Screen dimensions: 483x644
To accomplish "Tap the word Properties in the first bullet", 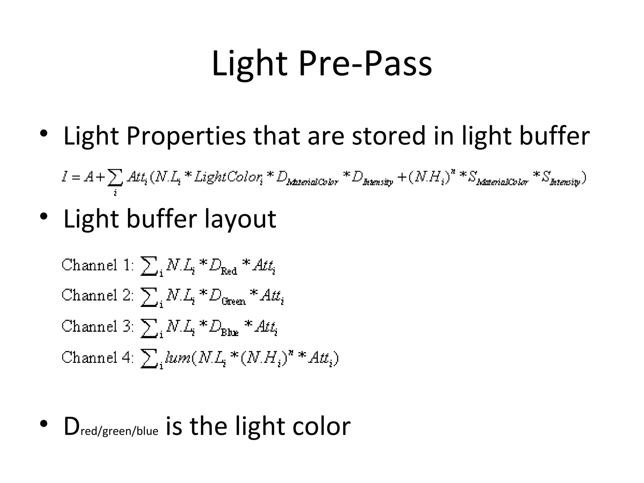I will coord(186,136).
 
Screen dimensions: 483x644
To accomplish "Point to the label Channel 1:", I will coord(98,265).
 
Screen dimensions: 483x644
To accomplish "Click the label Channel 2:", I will coord(98,296).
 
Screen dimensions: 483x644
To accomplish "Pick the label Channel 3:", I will coord(98,326).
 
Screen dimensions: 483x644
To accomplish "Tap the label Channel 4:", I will coord(98,358).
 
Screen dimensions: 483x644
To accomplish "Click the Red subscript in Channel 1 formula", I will coord(229,271).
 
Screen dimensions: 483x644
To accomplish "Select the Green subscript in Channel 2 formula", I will coord(234,301).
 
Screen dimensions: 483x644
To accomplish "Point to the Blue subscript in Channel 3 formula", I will coord(230,332).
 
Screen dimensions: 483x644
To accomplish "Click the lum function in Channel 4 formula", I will coord(178,358).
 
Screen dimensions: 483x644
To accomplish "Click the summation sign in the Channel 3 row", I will coord(148,328).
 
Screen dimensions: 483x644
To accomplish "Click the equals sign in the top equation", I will coord(75,178).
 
